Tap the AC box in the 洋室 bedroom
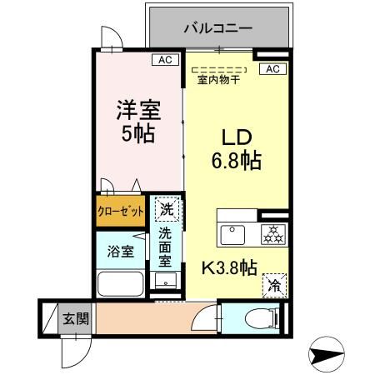pos(164,60)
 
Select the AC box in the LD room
pos(271,69)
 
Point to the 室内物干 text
pos(218,81)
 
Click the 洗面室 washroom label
pos(166,247)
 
